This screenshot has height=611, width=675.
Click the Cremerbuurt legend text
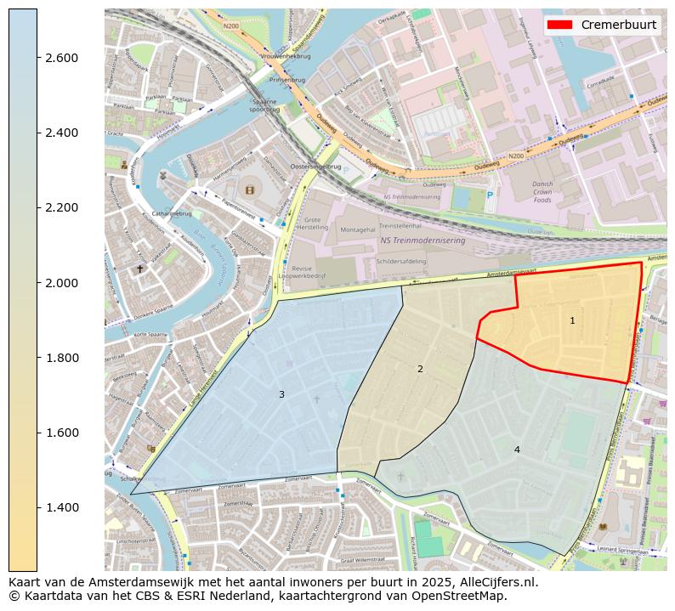618,25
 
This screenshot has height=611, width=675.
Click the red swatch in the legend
560,25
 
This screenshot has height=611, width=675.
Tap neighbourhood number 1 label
572,320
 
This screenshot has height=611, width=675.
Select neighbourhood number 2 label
420,369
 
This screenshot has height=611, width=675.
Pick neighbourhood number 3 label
281,394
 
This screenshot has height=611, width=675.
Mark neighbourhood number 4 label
516,450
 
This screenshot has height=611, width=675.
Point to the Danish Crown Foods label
542,192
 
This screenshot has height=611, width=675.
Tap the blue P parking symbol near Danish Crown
489,195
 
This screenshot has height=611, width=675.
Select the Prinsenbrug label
286,80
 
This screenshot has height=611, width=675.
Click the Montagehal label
357,230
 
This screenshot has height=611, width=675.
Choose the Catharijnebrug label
172,213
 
